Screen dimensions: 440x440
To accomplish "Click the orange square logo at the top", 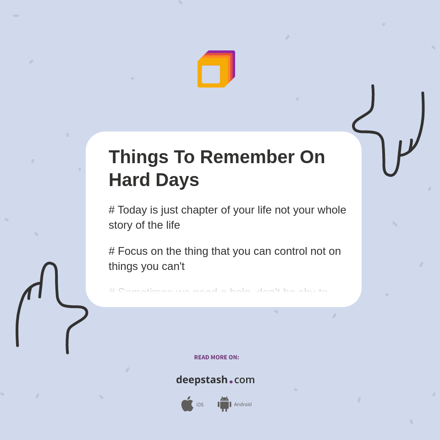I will click(x=215, y=70).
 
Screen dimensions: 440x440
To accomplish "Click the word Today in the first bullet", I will click(x=132, y=210).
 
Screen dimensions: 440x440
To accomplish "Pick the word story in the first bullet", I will click(x=121, y=225).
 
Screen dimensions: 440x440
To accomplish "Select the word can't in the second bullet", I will click(x=174, y=266).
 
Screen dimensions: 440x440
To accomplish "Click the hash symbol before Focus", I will click(x=111, y=251).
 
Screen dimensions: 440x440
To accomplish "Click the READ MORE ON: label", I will click(x=216, y=357).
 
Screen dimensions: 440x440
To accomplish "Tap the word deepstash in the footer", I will click(x=202, y=379).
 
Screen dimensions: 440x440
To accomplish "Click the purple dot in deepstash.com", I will click(x=231, y=382).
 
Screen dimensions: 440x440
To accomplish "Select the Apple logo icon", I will click(x=187, y=404).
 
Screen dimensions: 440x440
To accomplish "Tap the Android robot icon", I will click(x=224, y=404).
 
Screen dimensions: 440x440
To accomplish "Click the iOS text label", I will click(x=200, y=405).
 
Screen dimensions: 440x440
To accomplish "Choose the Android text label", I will click(x=243, y=404).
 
